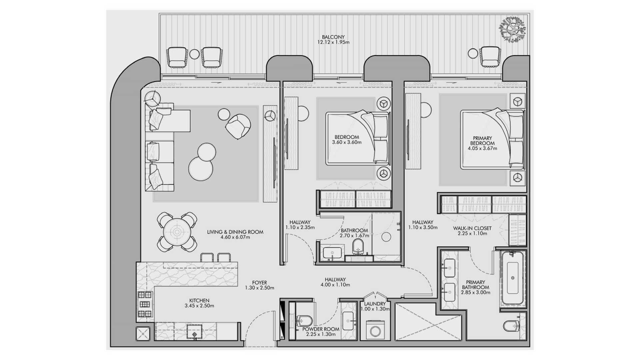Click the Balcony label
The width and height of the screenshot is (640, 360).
tap(333, 37)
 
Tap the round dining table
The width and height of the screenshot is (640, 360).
tap(177, 232)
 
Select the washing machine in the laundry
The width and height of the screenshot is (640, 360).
tap(375, 330)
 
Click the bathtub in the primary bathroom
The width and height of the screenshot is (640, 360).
tap(513, 278)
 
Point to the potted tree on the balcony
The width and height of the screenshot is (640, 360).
tap(512, 29)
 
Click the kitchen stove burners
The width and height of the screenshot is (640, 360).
tap(145, 304)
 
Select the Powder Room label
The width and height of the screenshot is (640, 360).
tap(321, 329)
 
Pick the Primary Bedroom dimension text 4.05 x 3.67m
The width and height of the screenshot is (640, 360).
tap(482, 148)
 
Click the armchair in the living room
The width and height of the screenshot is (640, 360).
tap(238, 126)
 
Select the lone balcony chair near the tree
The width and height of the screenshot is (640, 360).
tap(490, 56)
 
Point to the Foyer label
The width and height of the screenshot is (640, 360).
tap(259, 283)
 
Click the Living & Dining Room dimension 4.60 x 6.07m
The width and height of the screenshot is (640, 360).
tap(235, 237)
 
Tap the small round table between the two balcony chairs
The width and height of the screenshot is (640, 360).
tap(194, 54)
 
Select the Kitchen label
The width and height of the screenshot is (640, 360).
tap(199, 300)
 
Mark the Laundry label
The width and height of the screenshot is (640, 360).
tap(375, 304)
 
